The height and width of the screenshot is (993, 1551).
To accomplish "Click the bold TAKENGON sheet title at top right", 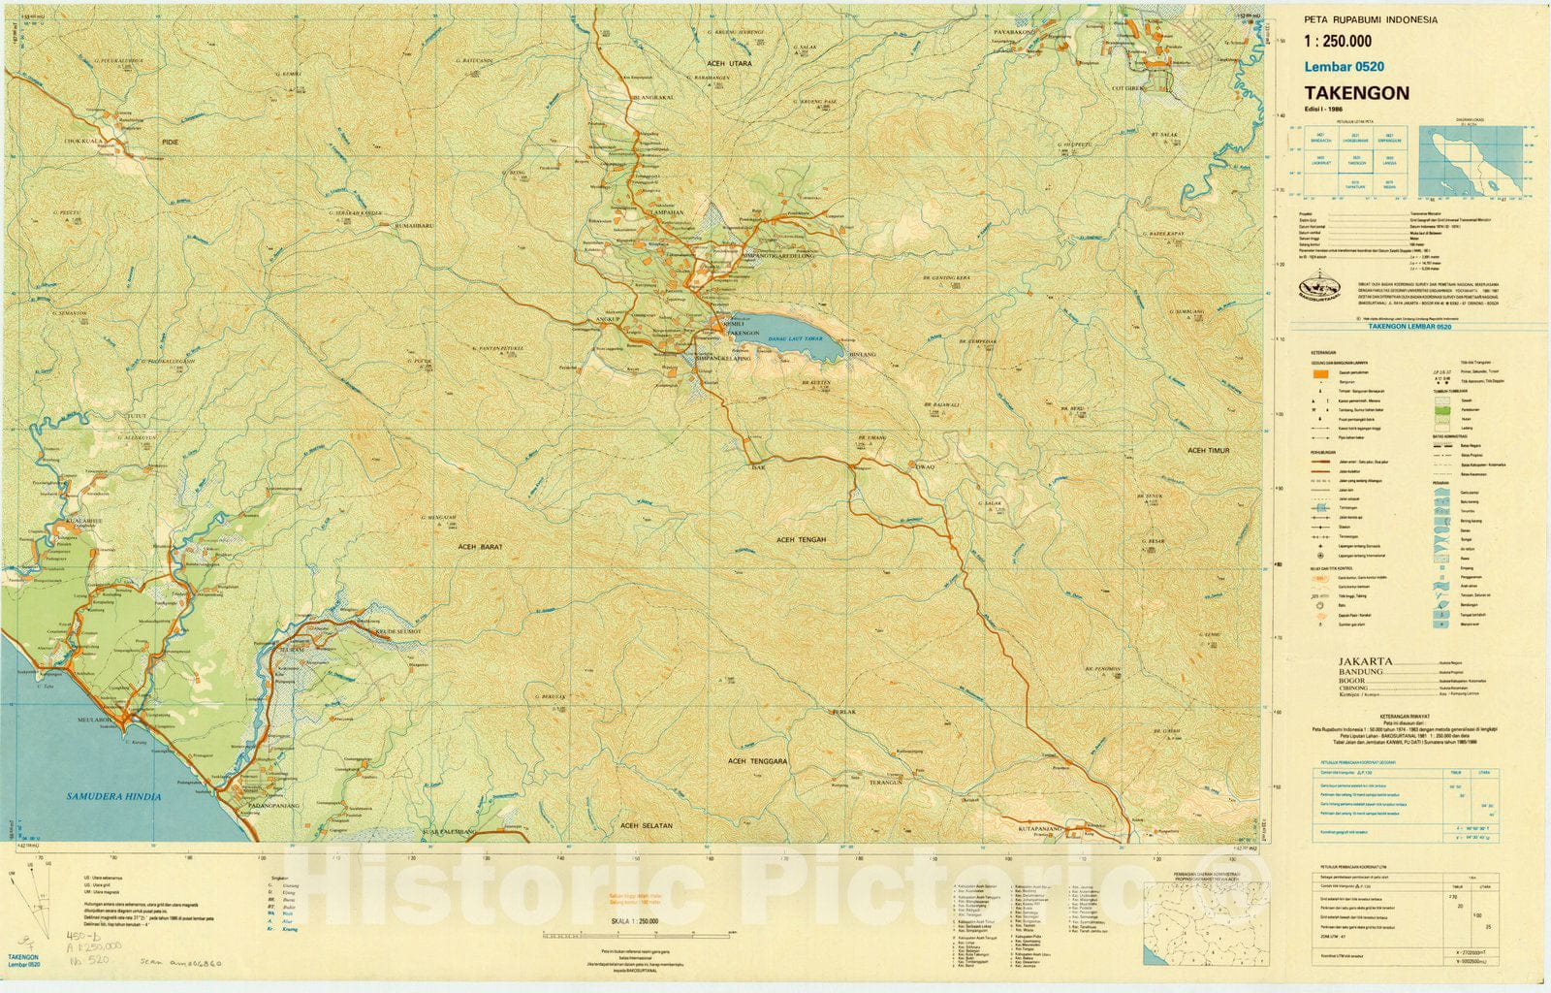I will pyautogui.click(x=1356, y=93).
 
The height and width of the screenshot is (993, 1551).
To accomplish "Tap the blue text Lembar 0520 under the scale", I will pyautogui.click(x=1344, y=67).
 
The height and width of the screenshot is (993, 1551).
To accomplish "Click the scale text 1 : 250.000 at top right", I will pyautogui.click(x=1338, y=41).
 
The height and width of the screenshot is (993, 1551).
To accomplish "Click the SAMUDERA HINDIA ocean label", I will pyautogui.click(x=113, y=796).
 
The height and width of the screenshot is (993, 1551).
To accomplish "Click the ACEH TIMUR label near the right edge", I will pyautogui.click(x=1208, y=451).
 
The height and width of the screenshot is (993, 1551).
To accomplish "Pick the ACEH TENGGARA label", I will pyautogui.click(x=758, y=762).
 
